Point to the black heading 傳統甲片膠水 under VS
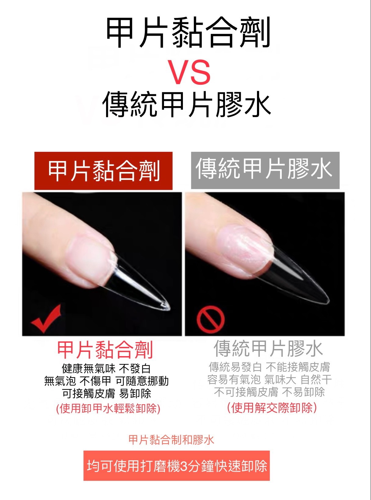[x=186, y=105]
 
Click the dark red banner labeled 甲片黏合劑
[x=103, y=171]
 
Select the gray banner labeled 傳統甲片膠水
[x=265, y=170]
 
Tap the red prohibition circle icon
[x=210, y=320]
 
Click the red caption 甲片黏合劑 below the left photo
[x=105, y=350]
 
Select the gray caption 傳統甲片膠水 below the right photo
[x=268, y=348]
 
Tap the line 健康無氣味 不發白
[x=106, y=369]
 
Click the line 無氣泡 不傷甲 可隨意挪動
[x=106, y=381]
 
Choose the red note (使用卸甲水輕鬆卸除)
[x=108, y=409]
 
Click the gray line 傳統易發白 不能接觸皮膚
[x=269, y=367]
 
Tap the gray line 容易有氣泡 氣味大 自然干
[x=269, y=380]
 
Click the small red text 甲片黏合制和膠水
[x=171, y=440]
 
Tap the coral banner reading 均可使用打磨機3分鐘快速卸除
[x=177, y=466]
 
